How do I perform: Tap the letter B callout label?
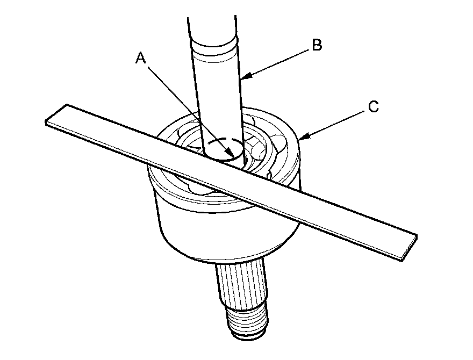(317, 46)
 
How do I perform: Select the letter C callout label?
(374, 107)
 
